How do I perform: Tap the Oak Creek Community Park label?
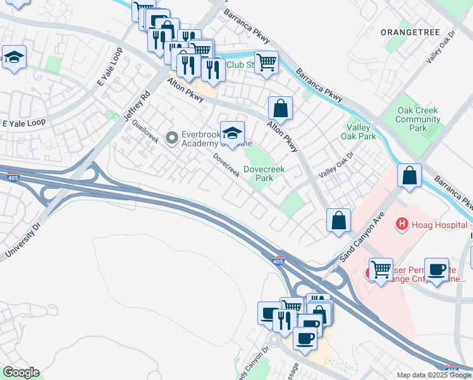tap(417, 119)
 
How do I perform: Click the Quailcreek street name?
tap(145, 131)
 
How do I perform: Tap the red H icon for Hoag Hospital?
tap(400, 223)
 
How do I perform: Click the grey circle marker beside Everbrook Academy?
tap(171, 137)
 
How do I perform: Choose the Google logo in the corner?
tap(21, 372)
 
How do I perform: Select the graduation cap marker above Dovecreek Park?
tap(232, 133)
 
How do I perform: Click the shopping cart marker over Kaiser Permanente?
tap(381, 270)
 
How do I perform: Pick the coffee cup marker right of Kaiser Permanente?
tap(436, 269)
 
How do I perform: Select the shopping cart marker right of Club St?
tap(267, 62)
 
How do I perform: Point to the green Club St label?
tap(240, 64)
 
